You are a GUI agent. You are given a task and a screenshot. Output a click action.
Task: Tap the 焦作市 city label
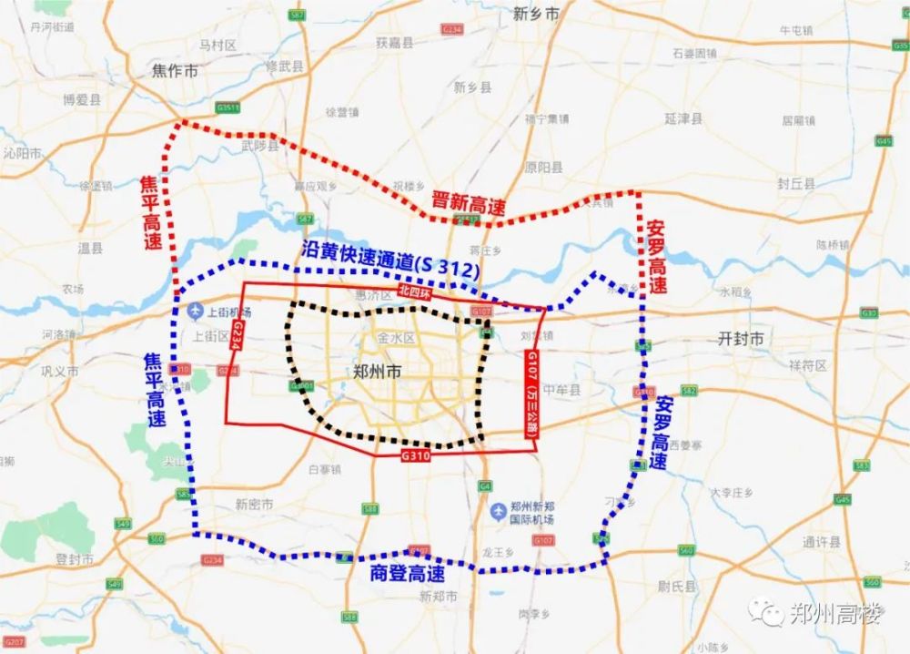[x=177, y=70]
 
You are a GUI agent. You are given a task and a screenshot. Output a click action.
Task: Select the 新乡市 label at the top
[x=536, y=14]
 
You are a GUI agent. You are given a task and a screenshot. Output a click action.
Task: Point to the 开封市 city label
[x=740, y=339]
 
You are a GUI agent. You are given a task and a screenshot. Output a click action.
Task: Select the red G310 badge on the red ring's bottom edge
[x=414, y=453]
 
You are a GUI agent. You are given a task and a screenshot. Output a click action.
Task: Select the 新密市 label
[x=254, y=504]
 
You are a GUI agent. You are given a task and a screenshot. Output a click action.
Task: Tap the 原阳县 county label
[x=543, y=168]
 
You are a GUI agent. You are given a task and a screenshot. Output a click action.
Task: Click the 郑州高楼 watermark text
[x=835, y=614]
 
